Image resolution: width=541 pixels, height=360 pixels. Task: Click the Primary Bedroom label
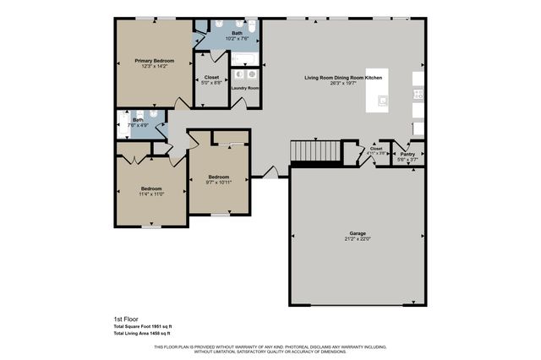pyautogui.click(x=153, y=61)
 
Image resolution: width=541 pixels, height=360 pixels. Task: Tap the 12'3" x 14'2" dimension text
pyautogui.click(x=153, y=67)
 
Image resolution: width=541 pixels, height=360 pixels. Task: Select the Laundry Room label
pyautogui.click(x=244, y=88)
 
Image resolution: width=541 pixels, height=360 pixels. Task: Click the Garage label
pyautogui.click(x=358, y=232)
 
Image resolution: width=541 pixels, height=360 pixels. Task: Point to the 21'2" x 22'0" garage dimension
pyautogui.click(x=358, y=238)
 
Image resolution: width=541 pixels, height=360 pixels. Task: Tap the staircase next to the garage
pyautogui.click(x=314, y=151)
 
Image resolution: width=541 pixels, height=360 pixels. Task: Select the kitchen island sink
pyautogui.click(x=383, y=100)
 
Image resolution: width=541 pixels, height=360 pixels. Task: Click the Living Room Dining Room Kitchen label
pyautogui.click(x=343, y=78)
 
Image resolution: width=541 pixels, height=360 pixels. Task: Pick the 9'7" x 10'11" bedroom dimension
pyautogui.click(x=219, y=182)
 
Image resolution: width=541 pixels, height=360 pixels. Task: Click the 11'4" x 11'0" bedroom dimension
pyautogui.click(x=151, y=194)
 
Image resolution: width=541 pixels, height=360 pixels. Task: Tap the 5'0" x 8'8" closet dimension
pyautogui.click(x=211, y=82)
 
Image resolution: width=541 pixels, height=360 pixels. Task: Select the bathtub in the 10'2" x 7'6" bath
pyautogui.click(x=243, y=58)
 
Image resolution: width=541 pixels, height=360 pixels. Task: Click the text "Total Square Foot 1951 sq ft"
pyautogui.click(x=148, y=325)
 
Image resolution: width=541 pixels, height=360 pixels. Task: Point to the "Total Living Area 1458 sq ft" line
pyautogui.click(x=148, y=334)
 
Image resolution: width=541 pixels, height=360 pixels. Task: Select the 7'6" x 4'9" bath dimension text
pyautogui.click(x=138, y=126)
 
